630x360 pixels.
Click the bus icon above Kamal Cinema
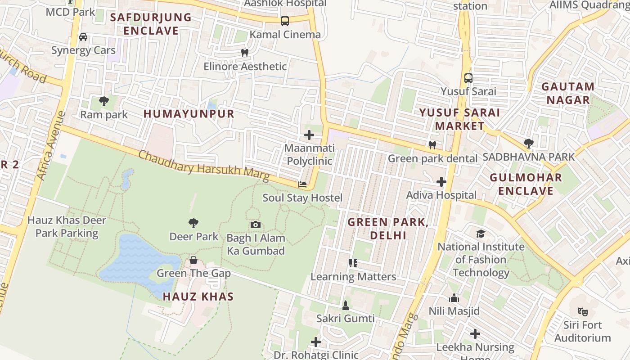(x=284, y=21)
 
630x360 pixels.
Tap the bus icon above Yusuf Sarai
(x=468, y=78)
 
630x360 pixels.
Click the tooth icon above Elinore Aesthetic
(x=245, y=53)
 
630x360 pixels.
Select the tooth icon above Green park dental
(x=432, y=145)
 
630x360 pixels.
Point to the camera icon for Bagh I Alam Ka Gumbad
(x=255, y=225)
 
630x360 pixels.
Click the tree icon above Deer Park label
(x=193, y=223)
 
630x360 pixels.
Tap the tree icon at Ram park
(x=104, y=101)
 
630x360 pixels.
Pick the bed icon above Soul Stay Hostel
(x=302, y=184)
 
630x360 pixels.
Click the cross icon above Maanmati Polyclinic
(x=309, y=135)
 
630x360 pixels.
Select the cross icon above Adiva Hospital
(x=441, y=182)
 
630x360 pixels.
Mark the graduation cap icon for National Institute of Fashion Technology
(x=481, y=234)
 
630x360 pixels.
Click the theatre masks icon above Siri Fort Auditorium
(x=582, y=311)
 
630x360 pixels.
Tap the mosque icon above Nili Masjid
(x=454, y=298)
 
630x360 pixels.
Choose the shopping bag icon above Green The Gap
(x=193, y=260)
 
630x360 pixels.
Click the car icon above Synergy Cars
(x=83, y=37)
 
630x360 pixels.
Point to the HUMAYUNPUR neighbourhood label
(x=189, y=114)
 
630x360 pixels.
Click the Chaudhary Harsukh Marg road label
(x=203, y=166)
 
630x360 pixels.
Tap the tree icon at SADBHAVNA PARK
(x=529, y=144)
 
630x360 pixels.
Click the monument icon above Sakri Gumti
(x=346, y=306)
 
